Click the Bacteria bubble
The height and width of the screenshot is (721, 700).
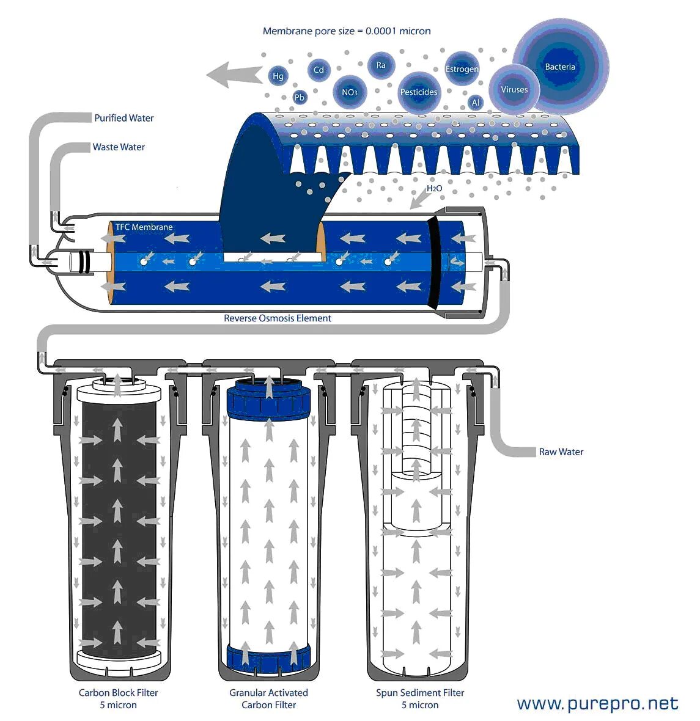point(560,67)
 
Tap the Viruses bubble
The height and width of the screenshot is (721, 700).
point(514,89)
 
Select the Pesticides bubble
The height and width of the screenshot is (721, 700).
point(419,92)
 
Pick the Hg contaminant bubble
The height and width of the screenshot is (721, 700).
point(278,76)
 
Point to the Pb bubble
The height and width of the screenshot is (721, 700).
point(300,97)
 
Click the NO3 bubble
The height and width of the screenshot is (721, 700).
point(349,92)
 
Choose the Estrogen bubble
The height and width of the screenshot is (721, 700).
point(462,69)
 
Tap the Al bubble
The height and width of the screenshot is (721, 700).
point(476,103)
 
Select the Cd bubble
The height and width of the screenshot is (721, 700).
point(319,70)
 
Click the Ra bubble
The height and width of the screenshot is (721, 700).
point(381,65)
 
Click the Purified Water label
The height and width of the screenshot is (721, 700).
point(124,118)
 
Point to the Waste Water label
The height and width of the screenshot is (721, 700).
point(119,147)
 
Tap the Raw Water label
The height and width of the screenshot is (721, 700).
point(561,452)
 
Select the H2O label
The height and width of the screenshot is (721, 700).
point(434,188)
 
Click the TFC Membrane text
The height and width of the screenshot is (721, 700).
point(144,227)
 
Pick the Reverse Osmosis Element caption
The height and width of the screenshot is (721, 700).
point(278,318)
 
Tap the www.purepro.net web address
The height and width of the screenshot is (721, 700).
point(597,703)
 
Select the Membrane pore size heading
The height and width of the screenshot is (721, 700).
point(347,31)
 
